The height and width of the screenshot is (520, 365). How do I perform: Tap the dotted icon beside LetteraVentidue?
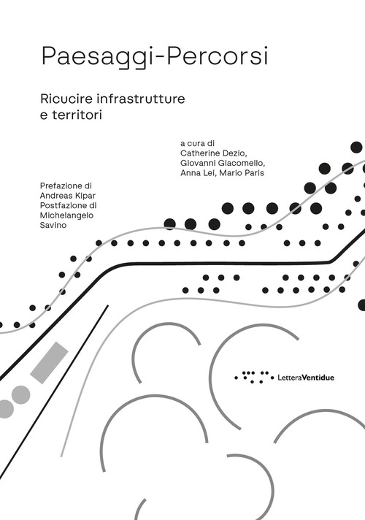click(253, 377)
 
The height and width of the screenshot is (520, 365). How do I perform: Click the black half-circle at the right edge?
click(361, 305)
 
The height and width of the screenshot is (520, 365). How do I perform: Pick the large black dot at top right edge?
click(357, 148)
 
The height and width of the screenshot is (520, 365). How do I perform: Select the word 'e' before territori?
click(45, 114)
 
